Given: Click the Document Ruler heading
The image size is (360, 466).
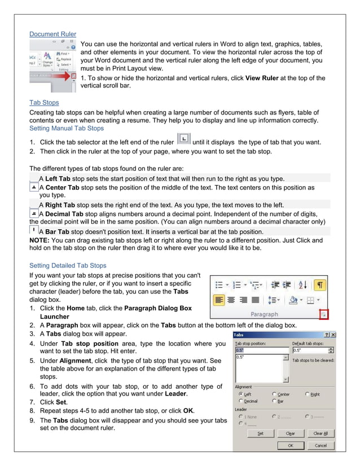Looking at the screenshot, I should (52, 34).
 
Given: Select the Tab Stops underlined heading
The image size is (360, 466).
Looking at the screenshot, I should (44, 103).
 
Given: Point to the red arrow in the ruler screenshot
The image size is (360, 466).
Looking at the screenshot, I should (73, 75).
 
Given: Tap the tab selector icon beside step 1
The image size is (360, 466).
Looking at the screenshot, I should (183, 139).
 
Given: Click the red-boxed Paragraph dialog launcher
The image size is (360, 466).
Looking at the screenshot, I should (324, 314).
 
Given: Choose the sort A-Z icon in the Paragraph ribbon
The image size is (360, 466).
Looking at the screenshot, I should (302, 285).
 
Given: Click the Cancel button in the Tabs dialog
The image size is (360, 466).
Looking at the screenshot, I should (321, 445).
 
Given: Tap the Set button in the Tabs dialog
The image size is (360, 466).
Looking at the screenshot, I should (260, 433).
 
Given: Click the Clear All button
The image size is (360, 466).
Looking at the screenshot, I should (321, 433).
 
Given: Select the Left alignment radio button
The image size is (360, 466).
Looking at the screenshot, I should (241, 394).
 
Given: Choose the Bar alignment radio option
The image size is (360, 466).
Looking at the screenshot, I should (274, 401).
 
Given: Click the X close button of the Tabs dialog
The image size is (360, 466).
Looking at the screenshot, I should (333, 335).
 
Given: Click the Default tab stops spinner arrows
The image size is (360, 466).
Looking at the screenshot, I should (331, 350).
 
